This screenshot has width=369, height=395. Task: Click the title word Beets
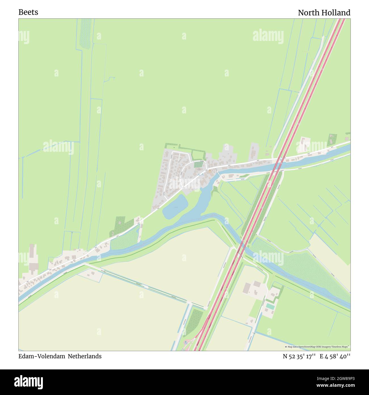pyautogui.click(x=28, y=12)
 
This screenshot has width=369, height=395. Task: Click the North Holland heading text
pyautogui.click(x=324, y=13)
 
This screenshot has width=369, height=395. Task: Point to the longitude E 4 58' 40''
pyautogui.click(x=335, y=356)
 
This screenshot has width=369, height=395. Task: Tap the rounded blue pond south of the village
pyautogui.click(x=175, y=208)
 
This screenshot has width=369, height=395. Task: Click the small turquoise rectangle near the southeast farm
pyautogui.click(x=270, y=307)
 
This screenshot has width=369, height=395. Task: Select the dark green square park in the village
pyautogui.click(x=198, y=165)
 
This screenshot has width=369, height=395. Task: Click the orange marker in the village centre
pyautogui.click(x=210, y=171)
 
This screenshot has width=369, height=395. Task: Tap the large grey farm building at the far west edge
pyautogui.click(x=33, y=259)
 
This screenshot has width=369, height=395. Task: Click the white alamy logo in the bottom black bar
pyautogui.click(x=28, y=382)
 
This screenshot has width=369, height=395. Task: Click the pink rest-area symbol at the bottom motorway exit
pyautogui.click(x=186, y=342)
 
